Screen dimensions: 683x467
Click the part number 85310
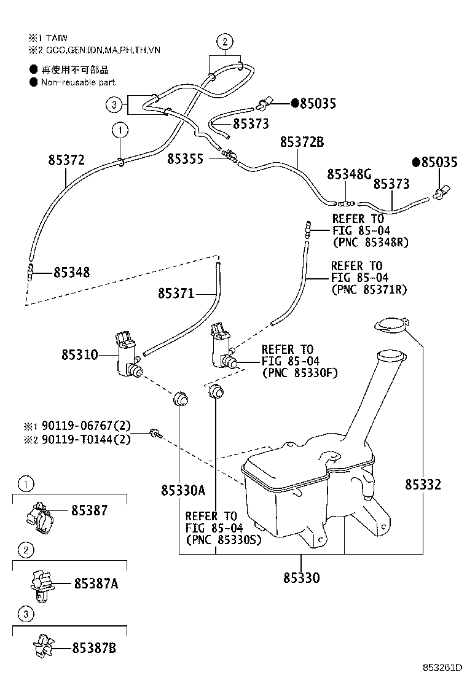[79, 355]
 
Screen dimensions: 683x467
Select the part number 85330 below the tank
[301, 578]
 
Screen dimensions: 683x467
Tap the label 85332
[423, 485]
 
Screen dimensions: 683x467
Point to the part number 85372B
[302, 142]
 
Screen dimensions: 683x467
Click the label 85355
[185, 159]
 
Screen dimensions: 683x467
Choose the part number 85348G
[348, 174]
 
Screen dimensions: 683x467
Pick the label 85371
[176, 294]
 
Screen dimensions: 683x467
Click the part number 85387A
[96, 584]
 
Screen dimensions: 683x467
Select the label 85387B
[94, 648]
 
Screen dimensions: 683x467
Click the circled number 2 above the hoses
[225, 42]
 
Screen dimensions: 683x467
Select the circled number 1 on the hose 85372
[120, 130]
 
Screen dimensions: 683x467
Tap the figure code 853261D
[441, 667]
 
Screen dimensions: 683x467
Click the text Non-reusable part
[78, 82]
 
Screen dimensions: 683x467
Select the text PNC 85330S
[223, 540]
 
